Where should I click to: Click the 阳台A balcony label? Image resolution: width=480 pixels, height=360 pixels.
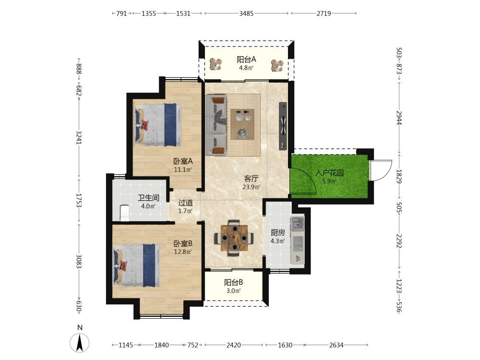(246, 59)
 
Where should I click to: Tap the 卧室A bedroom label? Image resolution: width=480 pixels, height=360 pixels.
(183, 161)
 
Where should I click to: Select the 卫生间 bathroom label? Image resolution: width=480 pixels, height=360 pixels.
(148, 198)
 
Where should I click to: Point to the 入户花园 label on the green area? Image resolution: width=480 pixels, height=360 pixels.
(329, 173)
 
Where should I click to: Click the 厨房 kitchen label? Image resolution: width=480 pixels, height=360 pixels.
(277, 233)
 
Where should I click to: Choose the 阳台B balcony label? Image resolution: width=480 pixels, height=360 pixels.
(233, 282)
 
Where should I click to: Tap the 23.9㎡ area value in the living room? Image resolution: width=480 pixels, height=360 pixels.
(252, 187)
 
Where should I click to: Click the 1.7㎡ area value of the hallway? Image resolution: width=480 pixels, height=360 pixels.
(185, 211)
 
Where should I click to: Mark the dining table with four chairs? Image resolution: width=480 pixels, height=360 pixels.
(234, 238)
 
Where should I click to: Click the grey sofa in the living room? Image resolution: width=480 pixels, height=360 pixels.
(216, 125)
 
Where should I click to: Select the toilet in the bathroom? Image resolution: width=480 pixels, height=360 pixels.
(124, 213)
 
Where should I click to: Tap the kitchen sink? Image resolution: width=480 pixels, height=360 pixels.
(297, 224)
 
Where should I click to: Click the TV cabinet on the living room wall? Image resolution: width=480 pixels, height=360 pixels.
(283, 126)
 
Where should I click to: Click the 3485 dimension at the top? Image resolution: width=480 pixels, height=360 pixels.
(246, 13)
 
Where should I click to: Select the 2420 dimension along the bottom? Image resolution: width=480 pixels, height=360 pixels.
(234, 345)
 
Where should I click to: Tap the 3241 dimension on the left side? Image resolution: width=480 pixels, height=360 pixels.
(79, 137)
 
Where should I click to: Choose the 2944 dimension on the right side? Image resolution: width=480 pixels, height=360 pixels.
(399, 117)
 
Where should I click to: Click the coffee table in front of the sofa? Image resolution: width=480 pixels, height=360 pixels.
(242, 124)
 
